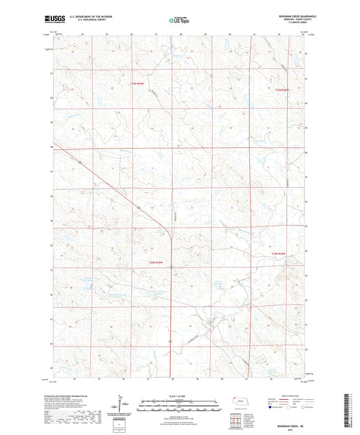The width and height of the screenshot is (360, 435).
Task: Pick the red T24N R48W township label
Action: (x=283, y=253)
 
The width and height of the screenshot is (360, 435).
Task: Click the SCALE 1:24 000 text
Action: (x=180, y=395)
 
